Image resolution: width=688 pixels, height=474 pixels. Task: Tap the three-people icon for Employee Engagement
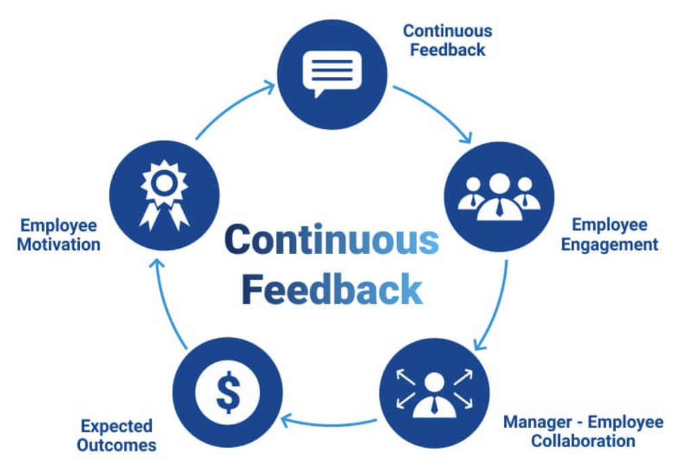pos(498,196)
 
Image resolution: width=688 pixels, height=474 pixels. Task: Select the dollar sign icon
pos(228,393)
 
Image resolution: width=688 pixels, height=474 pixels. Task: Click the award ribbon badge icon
pos(165,195)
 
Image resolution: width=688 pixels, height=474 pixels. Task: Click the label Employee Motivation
pos(58,234)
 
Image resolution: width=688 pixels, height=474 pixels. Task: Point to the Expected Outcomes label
pos(116,435)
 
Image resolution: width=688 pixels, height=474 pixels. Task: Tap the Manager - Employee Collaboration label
pos(583,431)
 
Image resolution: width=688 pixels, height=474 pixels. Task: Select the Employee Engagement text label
pos(609,234)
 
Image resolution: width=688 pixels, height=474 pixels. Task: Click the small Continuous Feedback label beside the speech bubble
pos(447,40)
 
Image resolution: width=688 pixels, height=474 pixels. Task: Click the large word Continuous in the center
pos(331,240)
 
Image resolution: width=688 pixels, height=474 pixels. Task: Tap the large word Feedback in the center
pos(332,289)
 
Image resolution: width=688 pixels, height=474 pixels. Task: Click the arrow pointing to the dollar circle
pos(329,421)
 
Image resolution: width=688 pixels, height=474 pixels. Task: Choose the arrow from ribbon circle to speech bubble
pos(234,108)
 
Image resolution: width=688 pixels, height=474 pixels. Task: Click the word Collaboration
pos(583,441)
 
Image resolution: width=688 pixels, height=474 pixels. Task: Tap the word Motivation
pos(58,244)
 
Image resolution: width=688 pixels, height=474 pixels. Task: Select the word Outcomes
pos(116,445)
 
